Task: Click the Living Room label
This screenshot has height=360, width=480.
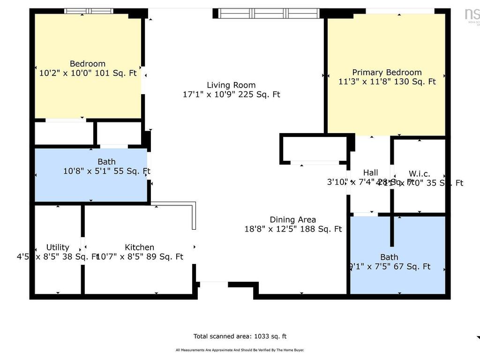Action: click(231, 85)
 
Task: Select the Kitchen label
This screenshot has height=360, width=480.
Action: click(139, 247)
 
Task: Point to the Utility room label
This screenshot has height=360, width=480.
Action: click(58, 247)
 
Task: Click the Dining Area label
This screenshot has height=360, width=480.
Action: click(292, 220)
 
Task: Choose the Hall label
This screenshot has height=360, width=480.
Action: click(370, 173)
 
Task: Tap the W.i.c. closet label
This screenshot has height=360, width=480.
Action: click(419, 174)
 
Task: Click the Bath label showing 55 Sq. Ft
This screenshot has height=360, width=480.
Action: click(106, 162)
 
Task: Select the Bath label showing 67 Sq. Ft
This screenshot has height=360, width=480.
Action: click(389, 257)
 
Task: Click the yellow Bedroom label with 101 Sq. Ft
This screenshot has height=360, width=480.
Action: click(88, 64)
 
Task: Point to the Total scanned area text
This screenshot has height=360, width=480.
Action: click(240, 336)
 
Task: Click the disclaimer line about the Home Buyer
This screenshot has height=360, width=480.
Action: click(240, 350)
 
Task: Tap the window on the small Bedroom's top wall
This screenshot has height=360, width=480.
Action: click(89, 11)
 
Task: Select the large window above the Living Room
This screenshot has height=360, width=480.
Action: click(270, 13)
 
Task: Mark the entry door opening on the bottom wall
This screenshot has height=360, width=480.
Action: click(214, 284)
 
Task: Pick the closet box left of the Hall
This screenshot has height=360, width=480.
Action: click(314, 149)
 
